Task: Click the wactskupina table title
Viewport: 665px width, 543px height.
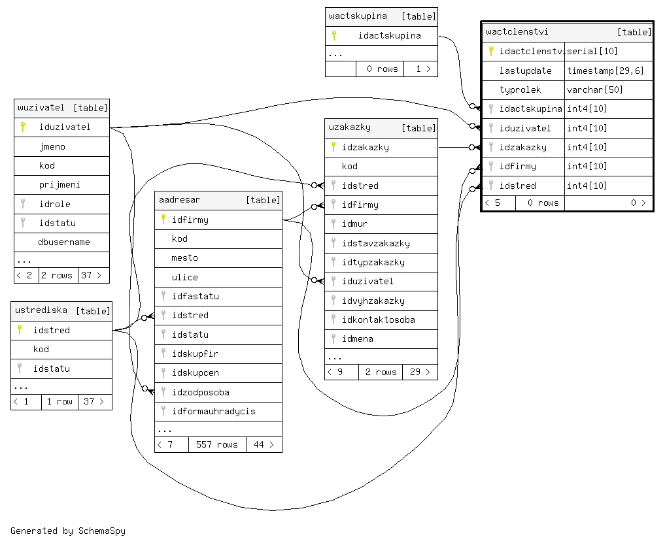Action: [x=358, y=16]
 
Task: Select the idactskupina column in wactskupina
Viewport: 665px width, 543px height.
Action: [x=389, y=35]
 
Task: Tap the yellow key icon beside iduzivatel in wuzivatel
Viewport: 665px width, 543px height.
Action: [x=22, y=127]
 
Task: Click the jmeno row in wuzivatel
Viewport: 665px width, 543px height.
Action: [x=52, y=146]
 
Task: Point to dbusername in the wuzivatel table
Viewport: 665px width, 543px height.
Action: [x=64, y=242]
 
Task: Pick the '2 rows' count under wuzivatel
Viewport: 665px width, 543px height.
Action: [x=58, y=275]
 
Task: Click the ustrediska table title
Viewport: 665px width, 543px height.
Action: [x=41, y=310]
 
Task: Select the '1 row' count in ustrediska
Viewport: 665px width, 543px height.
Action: [x=60, y=401]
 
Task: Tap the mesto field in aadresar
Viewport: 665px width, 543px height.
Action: [x=184, y=257]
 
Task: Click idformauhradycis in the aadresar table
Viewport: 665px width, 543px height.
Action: [x=213, y=411]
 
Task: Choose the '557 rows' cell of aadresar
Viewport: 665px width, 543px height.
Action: [x=217, y=444]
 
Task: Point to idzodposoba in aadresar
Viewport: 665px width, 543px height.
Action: [x=200, y=392]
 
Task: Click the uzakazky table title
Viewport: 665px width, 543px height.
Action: [x=350, y=127]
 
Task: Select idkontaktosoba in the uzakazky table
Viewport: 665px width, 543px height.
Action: [x=378, y=320]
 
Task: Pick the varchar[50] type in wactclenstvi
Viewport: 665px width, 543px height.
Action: [x=594, y=90]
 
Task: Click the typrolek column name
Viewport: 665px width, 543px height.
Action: [x=520, y=90]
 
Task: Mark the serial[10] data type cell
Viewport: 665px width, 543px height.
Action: [x=592, y=51]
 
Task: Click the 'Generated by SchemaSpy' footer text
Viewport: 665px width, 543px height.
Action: [x=68, y=531]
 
